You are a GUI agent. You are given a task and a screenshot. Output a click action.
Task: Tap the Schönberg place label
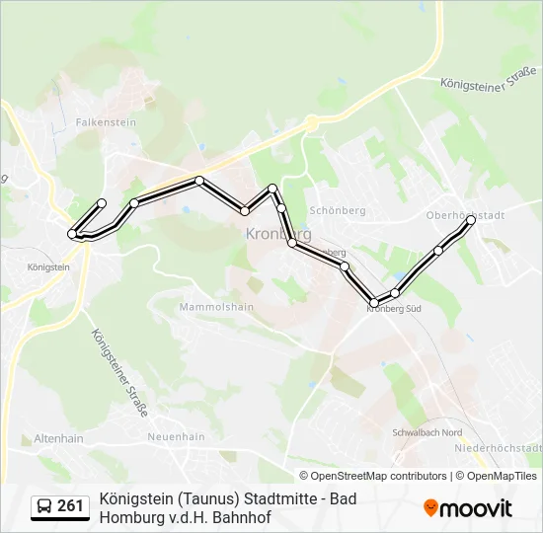(x=338, y=210)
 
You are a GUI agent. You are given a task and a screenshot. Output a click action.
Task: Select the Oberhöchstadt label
(x=465, y=215)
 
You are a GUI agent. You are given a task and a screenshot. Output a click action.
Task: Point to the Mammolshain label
(x=216, y=307)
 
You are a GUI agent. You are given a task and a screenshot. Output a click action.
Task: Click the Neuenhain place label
(x=176, y=436)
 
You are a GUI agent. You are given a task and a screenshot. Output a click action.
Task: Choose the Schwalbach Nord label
(x=427, y=433)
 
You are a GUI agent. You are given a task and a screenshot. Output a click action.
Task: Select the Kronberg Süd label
(x=394, y=309)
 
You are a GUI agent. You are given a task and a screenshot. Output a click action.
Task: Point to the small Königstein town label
(x=49, y=267)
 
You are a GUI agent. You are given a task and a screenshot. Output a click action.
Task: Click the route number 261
(x=70, y=506)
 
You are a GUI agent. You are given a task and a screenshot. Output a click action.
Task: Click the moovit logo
(x=468, y=508)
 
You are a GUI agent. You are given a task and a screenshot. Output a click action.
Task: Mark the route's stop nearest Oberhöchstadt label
(x=471, y=221)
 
